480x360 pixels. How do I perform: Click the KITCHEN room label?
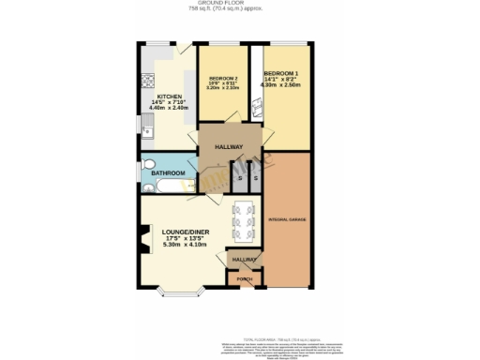[169, 96]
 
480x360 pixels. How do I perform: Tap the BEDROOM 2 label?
[222, 77]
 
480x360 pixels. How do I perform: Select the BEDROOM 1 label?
[281, 73]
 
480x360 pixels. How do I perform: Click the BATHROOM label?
[170, 173]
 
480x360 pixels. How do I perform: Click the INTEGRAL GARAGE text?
[287, 219]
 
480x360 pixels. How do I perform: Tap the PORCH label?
[244, 279]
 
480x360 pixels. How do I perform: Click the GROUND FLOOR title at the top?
[239, 5]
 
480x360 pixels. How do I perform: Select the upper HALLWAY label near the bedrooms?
[229, 147]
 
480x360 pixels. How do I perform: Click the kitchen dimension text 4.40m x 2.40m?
[169, 109]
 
